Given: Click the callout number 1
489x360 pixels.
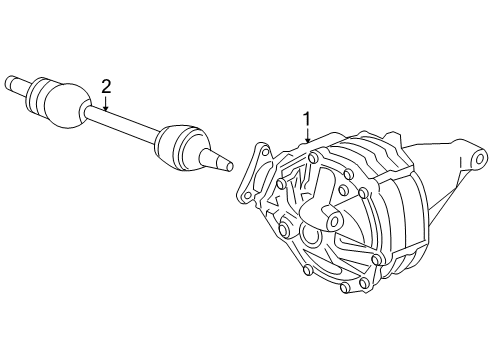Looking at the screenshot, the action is pyautogui.click(x=308, y=118).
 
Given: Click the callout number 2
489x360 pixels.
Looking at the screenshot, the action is pyautogui.click(x=105, y=86).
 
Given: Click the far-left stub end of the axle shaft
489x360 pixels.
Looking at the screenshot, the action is pyautogui.click(x=13, y=80).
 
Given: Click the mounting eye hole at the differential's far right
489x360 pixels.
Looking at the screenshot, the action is pyautogui.click(x=480, y=158).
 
